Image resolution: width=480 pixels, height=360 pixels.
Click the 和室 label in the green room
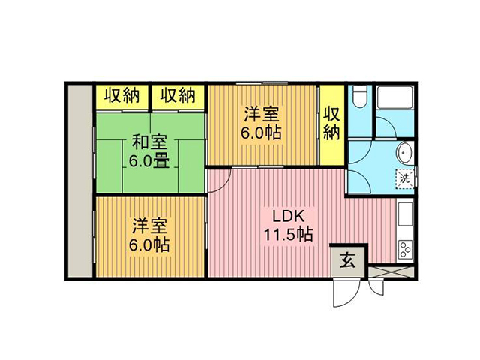[150, 142]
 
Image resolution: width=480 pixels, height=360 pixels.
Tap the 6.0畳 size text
[149, 160]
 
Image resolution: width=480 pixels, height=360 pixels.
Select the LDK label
[288, 217]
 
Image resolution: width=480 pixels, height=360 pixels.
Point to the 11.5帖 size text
[288, 235]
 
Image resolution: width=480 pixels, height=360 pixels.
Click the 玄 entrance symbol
[347, 260]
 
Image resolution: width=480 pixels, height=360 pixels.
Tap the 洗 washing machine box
[405, 178]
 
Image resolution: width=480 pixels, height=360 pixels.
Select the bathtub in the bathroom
[395, 97]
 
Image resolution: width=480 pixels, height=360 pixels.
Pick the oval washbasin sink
[405, 153]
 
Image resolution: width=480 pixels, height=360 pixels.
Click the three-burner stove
[405, 250]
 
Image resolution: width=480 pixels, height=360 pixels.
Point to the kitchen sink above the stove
[405, 213]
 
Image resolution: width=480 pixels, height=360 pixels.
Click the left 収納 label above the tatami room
[122, 95]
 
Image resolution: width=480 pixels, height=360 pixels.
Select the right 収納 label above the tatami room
[178, 95]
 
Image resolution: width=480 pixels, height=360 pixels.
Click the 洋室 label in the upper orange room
[262, 114]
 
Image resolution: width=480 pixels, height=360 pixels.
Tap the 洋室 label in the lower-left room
[150, 226]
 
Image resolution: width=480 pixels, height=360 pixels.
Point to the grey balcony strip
[80, 181]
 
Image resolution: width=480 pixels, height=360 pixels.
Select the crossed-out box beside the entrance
[391, 271]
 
